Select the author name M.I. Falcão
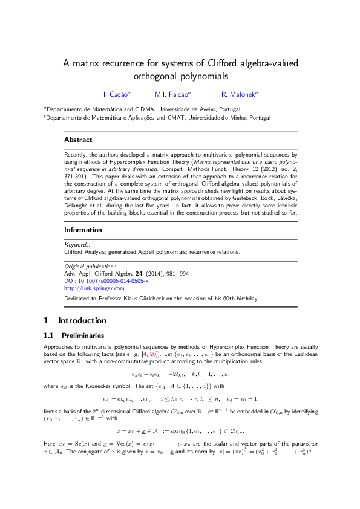point(171,94)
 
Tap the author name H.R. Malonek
point(235,94)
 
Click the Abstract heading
point(78,140)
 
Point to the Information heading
point(83,230)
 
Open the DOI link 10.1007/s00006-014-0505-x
point(106,281)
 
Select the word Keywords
point(77,245)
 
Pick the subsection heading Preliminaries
point(82,336)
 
